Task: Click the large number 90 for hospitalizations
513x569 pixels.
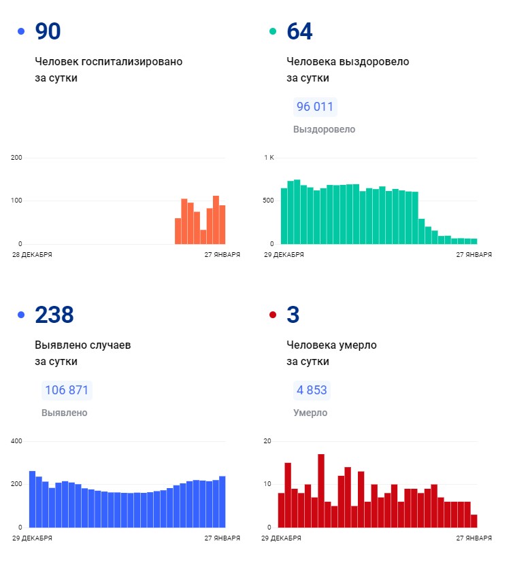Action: [48, 32]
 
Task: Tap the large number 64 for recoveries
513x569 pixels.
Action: [299, 32]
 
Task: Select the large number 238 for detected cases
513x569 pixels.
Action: [54, 315]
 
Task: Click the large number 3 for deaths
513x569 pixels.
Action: [293, 315]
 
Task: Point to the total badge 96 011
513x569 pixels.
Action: [314, 107]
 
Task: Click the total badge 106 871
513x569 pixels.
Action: [67, 390]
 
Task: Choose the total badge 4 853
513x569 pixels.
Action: [311, 390]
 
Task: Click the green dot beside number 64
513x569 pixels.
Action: [273, 31]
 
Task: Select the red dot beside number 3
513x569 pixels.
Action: [273, 315]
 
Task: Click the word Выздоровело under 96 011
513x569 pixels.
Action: [324, 129]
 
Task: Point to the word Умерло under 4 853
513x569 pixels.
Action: [310, 413]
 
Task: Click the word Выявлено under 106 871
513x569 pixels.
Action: [64, 413]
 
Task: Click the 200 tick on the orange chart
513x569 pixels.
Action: [17, 158]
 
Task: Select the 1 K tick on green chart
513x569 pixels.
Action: [269, 158]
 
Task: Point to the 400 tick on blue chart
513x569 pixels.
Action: [17, 441]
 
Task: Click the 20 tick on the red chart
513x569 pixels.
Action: [267, 441]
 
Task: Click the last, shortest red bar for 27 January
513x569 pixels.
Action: [474, 521]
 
